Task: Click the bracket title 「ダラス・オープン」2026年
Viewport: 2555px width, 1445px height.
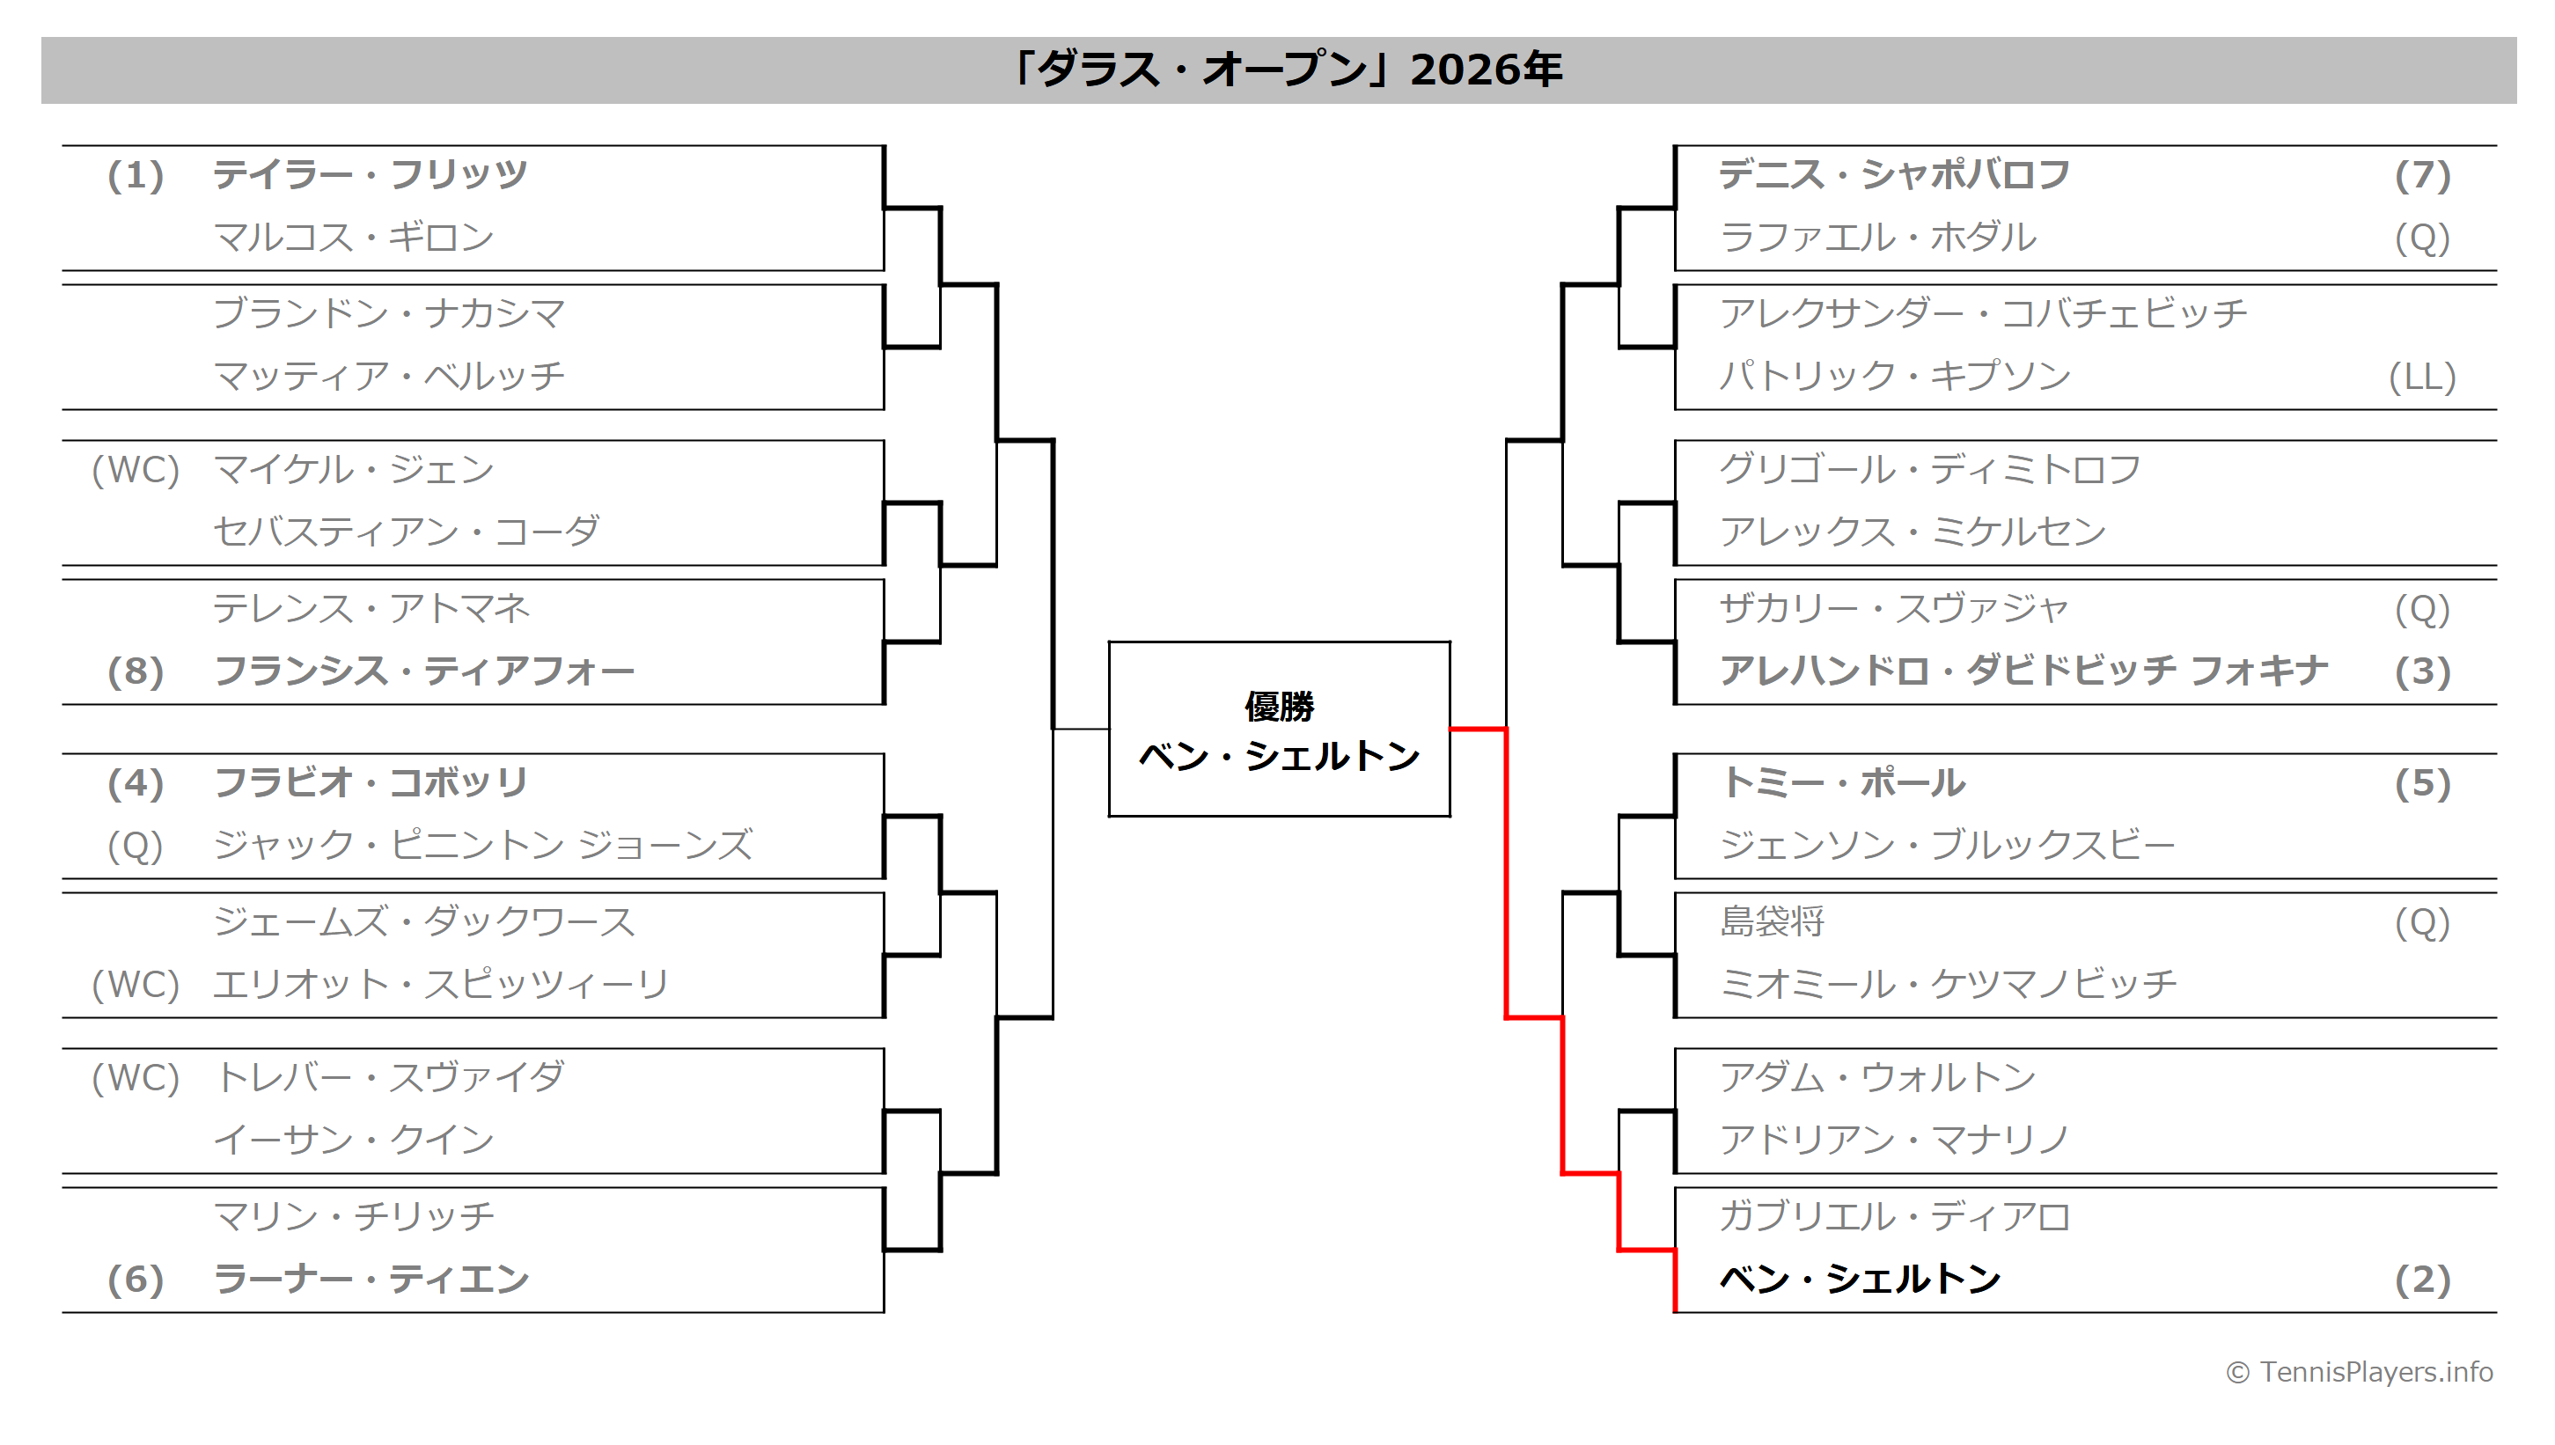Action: pos(1286,70)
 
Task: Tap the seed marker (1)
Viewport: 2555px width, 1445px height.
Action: pos(135,176)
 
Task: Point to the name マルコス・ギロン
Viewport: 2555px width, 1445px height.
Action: pos(352,238)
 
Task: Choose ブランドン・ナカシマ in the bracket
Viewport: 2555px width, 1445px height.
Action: pos(388,313)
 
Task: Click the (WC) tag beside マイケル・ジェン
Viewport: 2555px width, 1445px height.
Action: pos(135,469)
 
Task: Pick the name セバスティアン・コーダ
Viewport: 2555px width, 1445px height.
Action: pos(406,532)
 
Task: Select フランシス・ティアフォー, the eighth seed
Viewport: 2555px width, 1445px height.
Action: pos(423,671)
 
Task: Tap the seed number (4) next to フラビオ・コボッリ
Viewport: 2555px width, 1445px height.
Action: pos(135,783)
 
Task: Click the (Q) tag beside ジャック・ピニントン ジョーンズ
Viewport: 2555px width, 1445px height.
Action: pos(135,846)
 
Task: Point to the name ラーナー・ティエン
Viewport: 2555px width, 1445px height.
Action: pos(371,1279)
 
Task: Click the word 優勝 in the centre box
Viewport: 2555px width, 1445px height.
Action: pos(1278,707)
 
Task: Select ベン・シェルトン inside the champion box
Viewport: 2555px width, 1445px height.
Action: pos(1278,756)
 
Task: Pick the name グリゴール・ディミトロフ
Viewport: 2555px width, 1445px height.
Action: pos(1929,469)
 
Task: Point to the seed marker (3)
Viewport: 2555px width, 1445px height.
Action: pos(2421,671)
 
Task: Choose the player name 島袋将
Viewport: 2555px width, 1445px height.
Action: pos(1771,922)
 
